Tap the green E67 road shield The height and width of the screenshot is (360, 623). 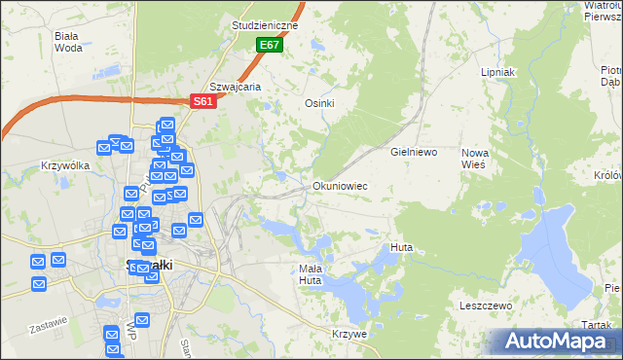point(270,46)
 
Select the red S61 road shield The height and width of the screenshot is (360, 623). point(202,100)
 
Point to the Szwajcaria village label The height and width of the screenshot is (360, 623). point(236,87)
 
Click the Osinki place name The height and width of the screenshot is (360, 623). point(319,104)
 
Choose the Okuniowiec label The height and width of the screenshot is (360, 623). point(340,185)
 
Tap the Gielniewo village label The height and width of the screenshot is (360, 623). point(414,153)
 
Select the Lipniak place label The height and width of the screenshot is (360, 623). point(497,73)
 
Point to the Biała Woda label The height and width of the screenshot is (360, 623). point(68,41)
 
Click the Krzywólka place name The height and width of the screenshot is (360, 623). point(66,165)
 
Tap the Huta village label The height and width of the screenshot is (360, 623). point(401,247)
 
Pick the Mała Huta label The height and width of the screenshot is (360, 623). point(310,274)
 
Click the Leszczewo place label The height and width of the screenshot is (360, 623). point(486,306)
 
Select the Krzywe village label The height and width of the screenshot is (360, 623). point(349,334)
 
